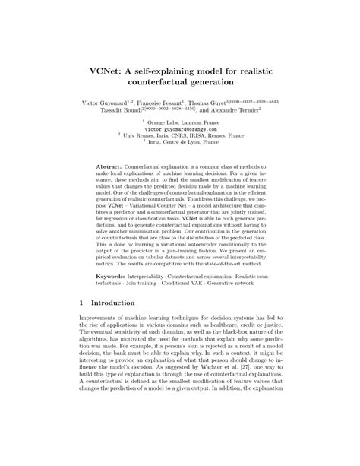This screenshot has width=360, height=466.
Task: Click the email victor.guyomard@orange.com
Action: point(179,129)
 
